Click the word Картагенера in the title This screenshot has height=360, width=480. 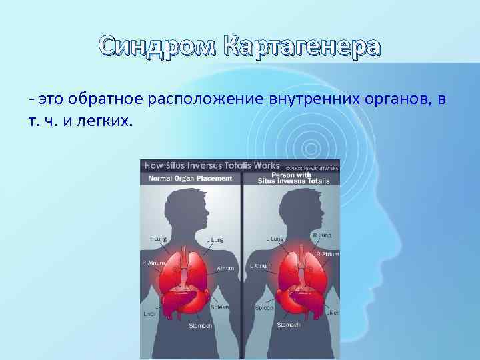(303, 47)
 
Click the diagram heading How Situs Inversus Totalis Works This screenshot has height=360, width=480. (212, 165)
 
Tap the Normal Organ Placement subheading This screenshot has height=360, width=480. (191, 178)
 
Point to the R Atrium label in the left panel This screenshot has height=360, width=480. (153, 263)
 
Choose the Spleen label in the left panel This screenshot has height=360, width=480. (220, 307)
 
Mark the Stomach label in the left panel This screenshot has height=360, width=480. (201, 325)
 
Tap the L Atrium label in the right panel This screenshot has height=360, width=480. (261, 265)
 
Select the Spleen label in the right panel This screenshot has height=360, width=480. (264, 308)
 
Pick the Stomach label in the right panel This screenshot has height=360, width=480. (289, 324)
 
